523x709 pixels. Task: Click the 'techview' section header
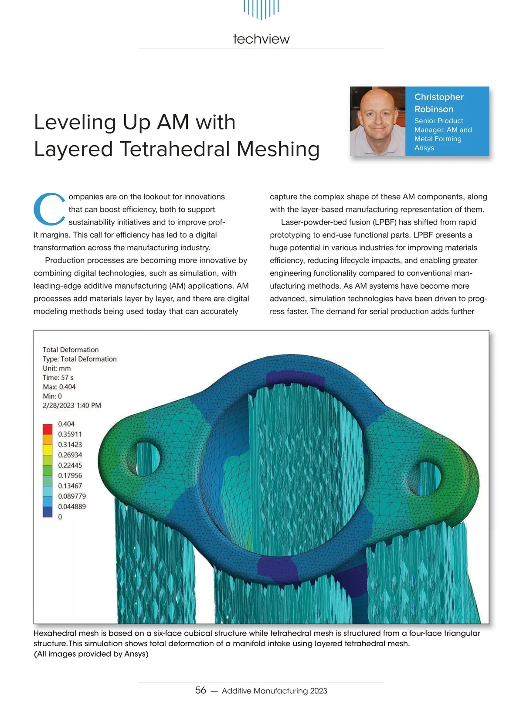[261, 39]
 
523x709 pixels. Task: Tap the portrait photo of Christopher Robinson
[377, 121]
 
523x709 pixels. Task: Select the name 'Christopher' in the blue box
[438, 97]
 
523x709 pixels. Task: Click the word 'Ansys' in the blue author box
[424, 148]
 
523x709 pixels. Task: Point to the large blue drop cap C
[49, 209]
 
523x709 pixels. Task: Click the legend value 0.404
[66, 424]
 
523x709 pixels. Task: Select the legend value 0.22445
[70, 465]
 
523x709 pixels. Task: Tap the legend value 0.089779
[72, 496]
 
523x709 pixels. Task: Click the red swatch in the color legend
[48, 429]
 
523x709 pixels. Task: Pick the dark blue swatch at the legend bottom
[48, 512]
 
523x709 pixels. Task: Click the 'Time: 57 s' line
[58, 378]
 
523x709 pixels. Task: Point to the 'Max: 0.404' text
[59, 387]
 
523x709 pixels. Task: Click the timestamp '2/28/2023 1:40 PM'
[72, 406]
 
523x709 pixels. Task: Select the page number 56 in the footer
[200, 690]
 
